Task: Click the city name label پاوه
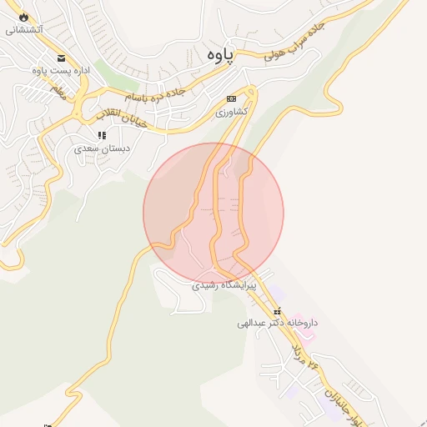click(x=215, y=53)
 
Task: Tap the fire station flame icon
click(x=23, y=16)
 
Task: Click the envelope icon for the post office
click(x=61, y=58)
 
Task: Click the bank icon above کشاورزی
click(x=231, y=98)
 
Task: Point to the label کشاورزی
click(x=233, y=111)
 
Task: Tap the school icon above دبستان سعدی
click(x=102, y=135)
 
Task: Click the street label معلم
click(x=58, y=91)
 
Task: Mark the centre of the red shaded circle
click(x=213, y=213)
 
